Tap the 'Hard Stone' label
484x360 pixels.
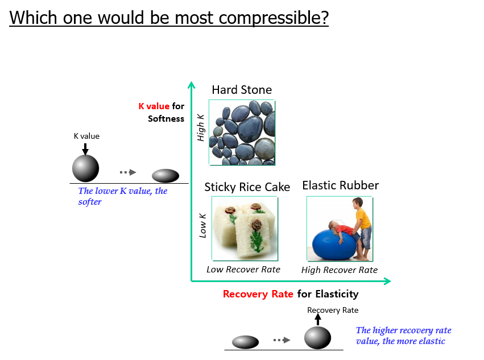(242, 90)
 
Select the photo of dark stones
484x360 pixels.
(242, 133)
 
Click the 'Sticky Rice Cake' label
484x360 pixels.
(247, 187)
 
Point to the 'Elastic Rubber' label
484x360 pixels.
(341, 185)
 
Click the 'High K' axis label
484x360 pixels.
(201, 127)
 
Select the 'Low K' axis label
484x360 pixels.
(202, 225)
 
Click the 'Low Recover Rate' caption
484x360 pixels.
(243, 270)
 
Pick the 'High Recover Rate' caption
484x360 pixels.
(339, 270)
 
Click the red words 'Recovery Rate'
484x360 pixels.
(258, 294)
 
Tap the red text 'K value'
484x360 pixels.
(154, 106)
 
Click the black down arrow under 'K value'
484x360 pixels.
(85, 149)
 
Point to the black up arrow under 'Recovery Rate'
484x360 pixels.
(318, 319)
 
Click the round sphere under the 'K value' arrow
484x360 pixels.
(85, 168)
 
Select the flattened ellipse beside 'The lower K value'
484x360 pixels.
(166, 176)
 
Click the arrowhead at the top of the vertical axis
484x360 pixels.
(191, 85)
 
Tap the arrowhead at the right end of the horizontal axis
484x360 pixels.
(387, 281)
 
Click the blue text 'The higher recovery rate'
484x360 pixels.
(403, 330)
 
